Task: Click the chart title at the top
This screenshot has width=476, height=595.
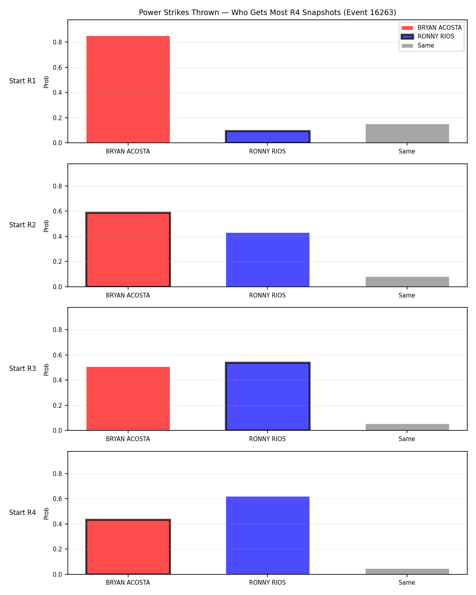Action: tap(267, 12)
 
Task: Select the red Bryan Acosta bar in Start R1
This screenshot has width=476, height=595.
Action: tap(128, 89)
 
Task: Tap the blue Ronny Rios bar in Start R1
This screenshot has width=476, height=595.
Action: tap(267, 136)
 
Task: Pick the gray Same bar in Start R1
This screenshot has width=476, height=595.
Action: tap(407, 133)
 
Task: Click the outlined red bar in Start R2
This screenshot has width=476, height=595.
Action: tap(128, 250)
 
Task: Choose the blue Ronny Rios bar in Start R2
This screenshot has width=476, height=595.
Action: tap(267, 260)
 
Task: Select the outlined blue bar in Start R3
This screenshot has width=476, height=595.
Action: tap(267, 396)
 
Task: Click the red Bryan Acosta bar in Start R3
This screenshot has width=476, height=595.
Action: tap(128, 398)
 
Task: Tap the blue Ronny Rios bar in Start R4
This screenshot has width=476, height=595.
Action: tap(267, 535)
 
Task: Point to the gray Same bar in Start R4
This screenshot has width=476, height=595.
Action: tap(407, 571)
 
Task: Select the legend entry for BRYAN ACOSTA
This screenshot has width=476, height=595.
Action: tap(432, 28)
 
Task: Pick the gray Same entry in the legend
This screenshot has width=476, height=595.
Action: tap(418, 46)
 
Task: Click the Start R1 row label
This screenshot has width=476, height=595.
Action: tap(22, 81)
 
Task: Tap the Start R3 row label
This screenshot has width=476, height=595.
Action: tap(22, 369)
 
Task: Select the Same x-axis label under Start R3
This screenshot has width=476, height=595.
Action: tap(407, 439)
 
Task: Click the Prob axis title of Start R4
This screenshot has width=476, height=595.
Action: tap(46, 513)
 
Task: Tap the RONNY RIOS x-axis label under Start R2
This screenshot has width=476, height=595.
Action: tap(267, 295)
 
